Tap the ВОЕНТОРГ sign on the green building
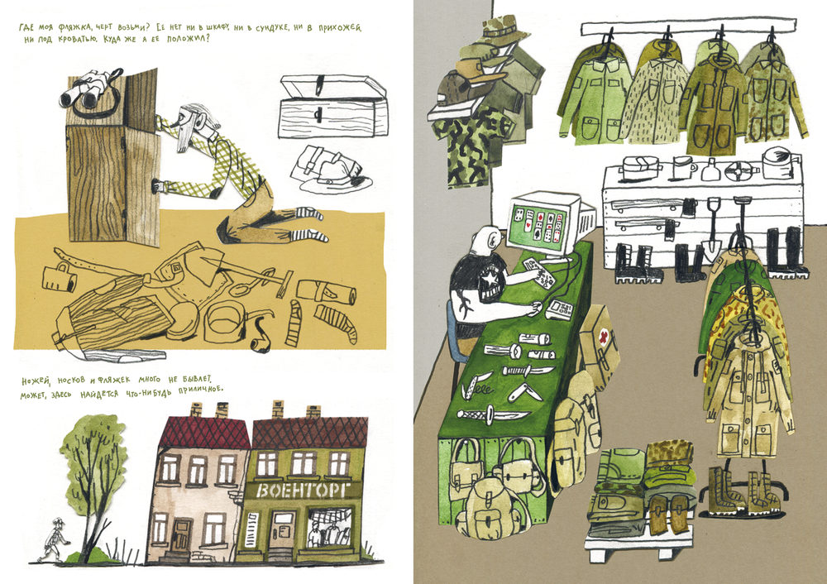pos(302,491)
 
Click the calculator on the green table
pos(560,309)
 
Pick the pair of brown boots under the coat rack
pos(738,491)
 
